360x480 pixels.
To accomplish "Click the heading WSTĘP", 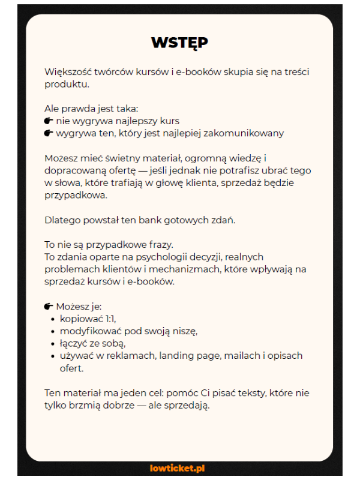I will pos(179,43).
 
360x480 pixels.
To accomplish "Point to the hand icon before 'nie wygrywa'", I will pos(49,121).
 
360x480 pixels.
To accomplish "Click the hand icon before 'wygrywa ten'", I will pos(49,133).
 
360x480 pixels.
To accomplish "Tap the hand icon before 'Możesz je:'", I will pos(49,307).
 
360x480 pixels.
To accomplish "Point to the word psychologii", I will pos(154,257).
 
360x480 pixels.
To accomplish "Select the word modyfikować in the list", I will pos(88,331).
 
